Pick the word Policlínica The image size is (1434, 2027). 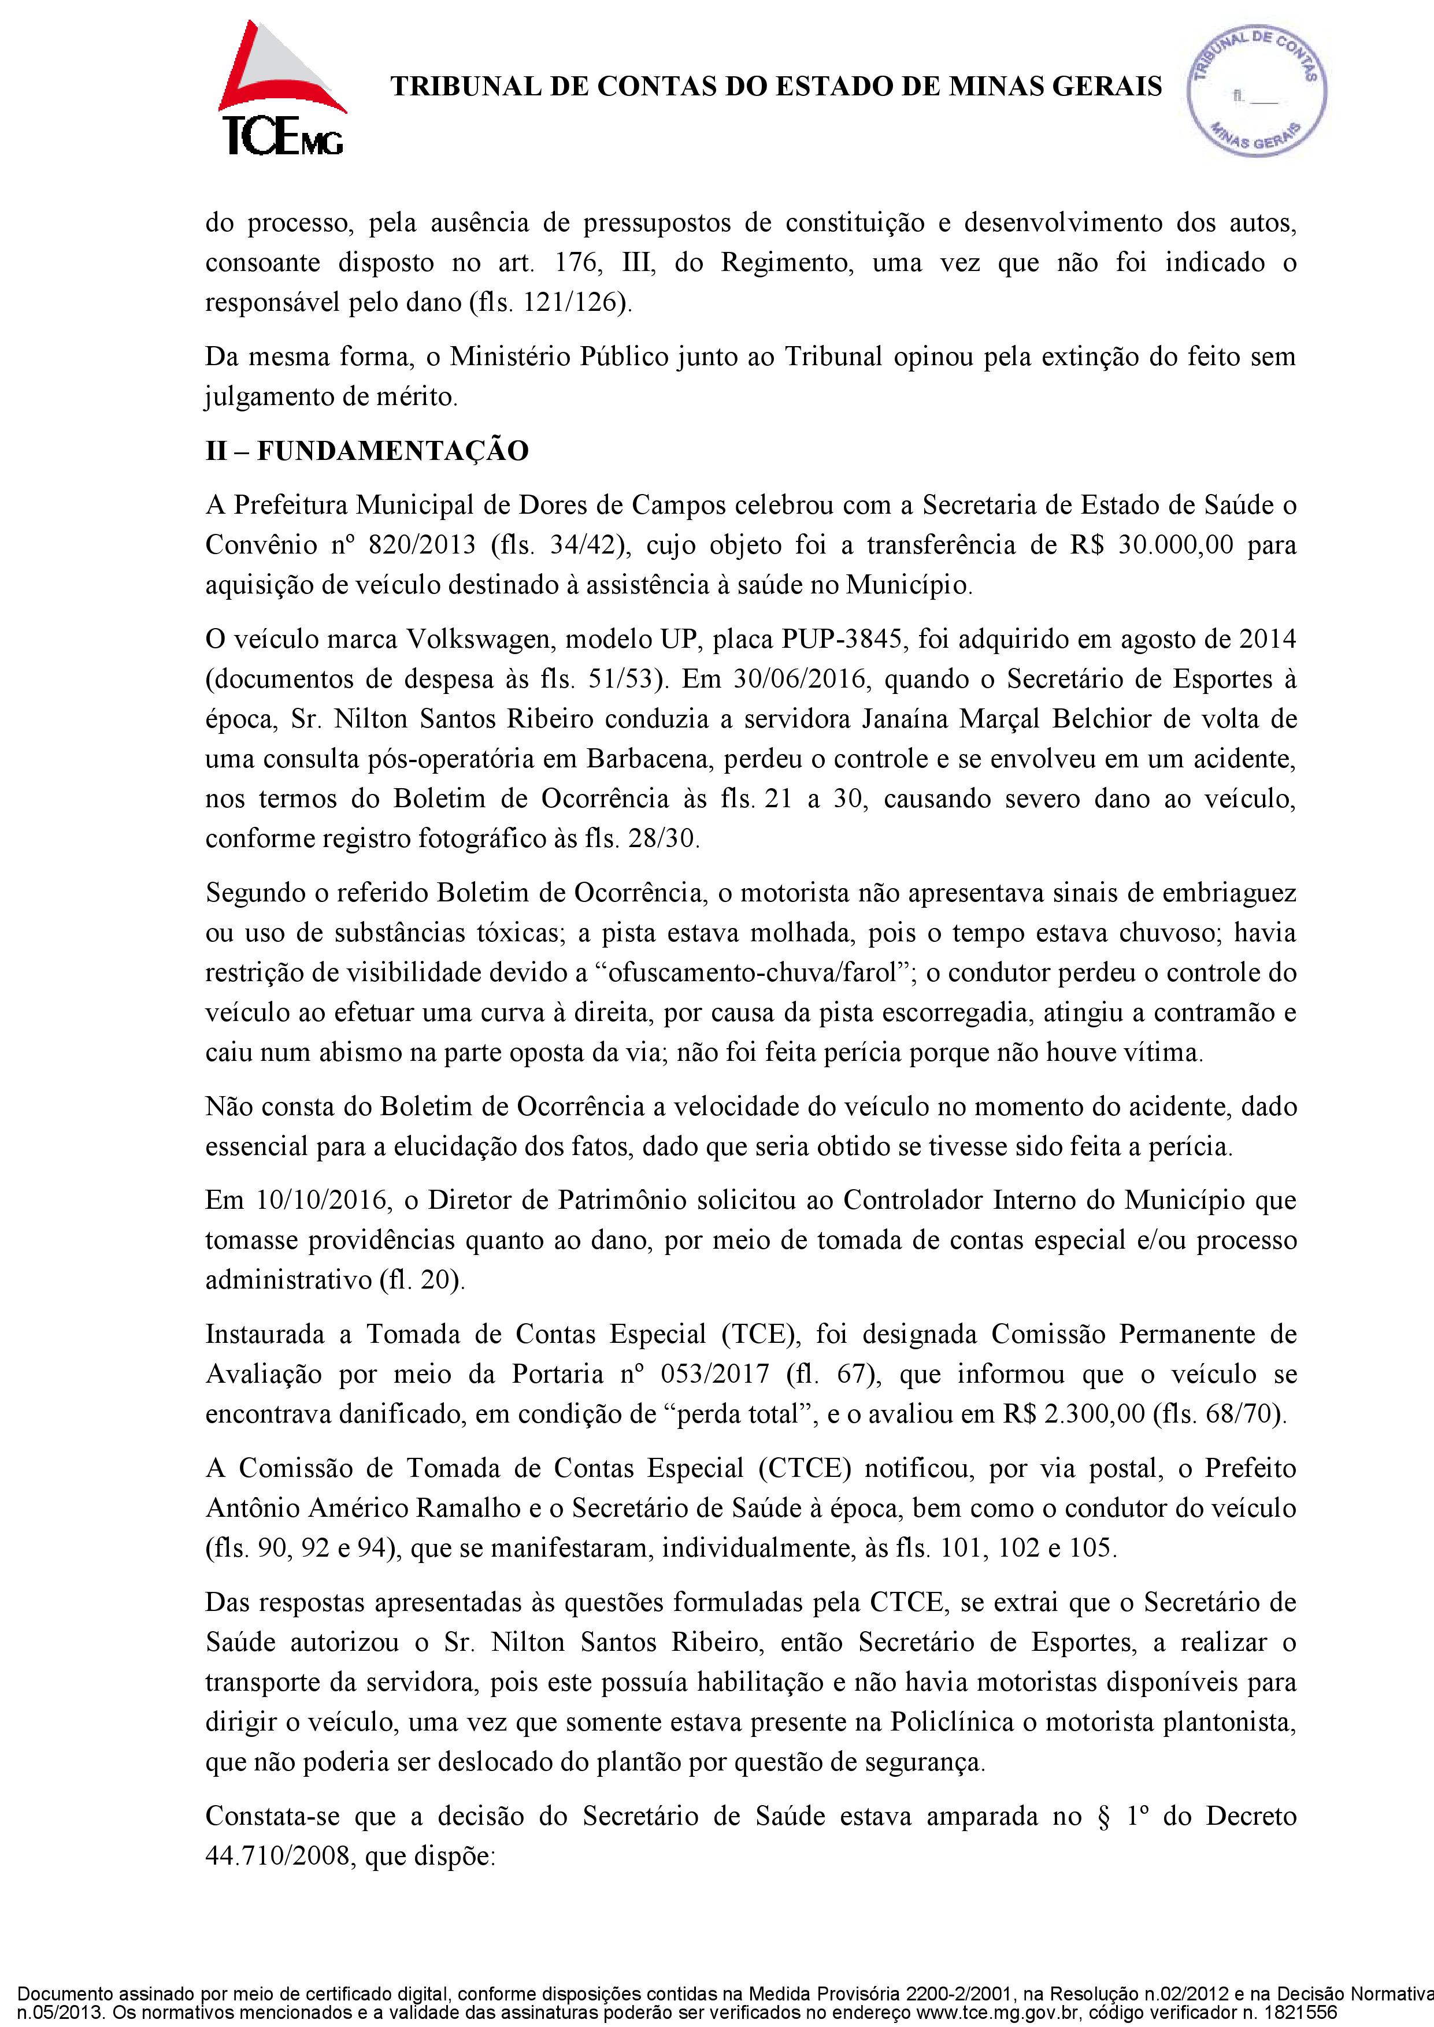pos(954,1721)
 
